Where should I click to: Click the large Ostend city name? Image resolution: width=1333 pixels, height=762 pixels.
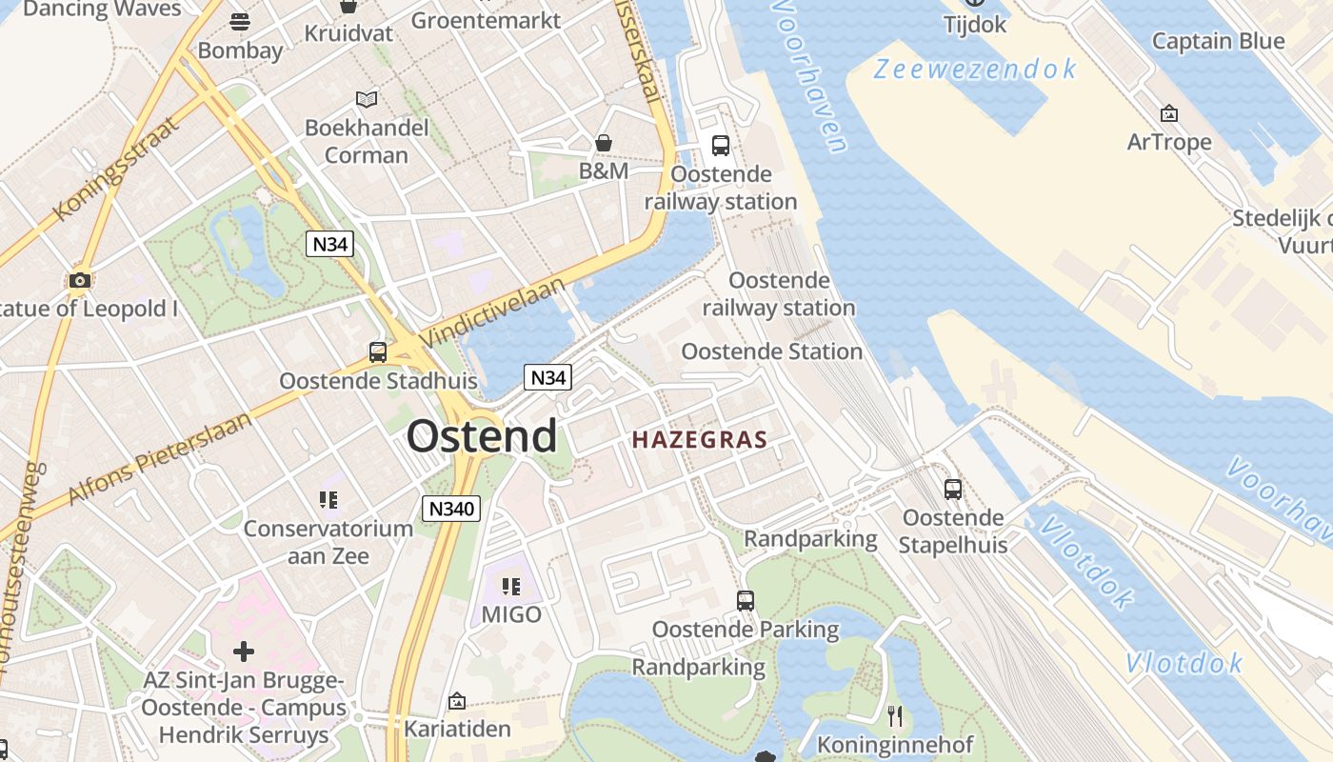click(482, 436)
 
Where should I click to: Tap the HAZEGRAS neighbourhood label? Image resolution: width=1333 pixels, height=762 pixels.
click(700, 439)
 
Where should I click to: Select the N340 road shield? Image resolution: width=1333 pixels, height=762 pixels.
click(451, 509)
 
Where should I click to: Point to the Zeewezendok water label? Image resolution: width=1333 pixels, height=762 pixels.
click(975, 70)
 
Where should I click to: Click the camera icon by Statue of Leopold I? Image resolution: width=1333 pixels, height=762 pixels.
click(80, 280)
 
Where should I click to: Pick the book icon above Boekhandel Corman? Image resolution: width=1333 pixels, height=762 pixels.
click(367, 98)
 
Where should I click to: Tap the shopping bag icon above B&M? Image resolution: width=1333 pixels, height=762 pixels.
click(604, 143)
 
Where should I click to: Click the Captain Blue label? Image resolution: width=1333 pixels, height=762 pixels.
click(1218, 41)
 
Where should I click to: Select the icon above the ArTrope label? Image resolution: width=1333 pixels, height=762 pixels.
click(1169, 114)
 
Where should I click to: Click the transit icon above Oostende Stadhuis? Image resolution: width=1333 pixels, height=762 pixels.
click(378, 352)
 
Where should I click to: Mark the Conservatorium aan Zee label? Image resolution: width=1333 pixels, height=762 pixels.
click(328, 542)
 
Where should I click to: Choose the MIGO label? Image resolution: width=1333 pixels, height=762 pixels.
click(511, 614)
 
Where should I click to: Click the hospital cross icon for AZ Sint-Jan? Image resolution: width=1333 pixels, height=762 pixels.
click(244, 652)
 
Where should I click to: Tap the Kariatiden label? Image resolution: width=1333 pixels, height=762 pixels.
click(457, 729)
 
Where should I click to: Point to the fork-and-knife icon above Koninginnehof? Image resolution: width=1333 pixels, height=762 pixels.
click(894, 715)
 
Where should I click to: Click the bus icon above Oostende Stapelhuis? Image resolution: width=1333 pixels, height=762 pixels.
click(953, 490)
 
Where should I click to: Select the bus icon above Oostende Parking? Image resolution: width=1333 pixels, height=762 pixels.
click(746, 601)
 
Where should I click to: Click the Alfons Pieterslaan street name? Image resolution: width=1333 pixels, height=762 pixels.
click(162, 458)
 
